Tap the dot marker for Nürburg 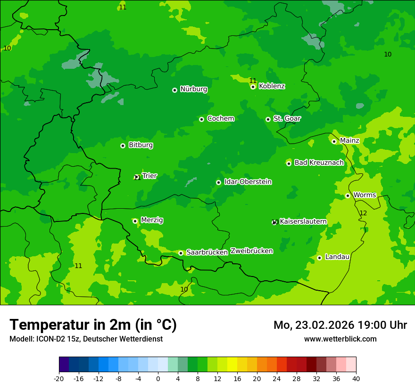174,90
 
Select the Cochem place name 220,119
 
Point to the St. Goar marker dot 268,119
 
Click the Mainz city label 349,141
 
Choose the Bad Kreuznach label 319,163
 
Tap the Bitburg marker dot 123,146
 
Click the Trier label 149,176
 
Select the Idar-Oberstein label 248,182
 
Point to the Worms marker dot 348,195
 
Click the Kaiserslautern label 303,221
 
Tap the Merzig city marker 135,220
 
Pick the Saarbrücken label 207,253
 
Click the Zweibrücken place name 251,251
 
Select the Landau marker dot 319,258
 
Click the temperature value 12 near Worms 363,213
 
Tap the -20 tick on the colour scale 59,378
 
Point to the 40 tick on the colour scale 356,378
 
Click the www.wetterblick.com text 340,339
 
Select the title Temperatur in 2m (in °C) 93,325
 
